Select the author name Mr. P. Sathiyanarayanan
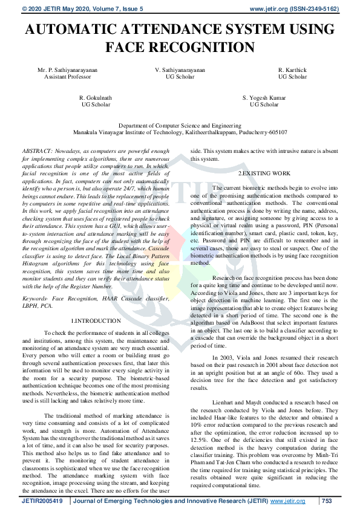[x=67, y=71]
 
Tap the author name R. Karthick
[x=292, y=71]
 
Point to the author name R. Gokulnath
[x=96, y=97]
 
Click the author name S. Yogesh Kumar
[x=264, y=97]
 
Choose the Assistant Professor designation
[x=67, y=77]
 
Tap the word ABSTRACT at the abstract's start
[x=36, y=151]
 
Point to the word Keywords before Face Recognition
[x=35, y=299]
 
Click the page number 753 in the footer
[x=327, y=501]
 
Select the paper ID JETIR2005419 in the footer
[x=42, y=501]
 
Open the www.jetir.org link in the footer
[x=287, y=501]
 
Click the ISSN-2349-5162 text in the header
[x=313, y=9]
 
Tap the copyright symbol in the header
[x=24, y=9]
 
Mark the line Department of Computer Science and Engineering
[x=180, y=125]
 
